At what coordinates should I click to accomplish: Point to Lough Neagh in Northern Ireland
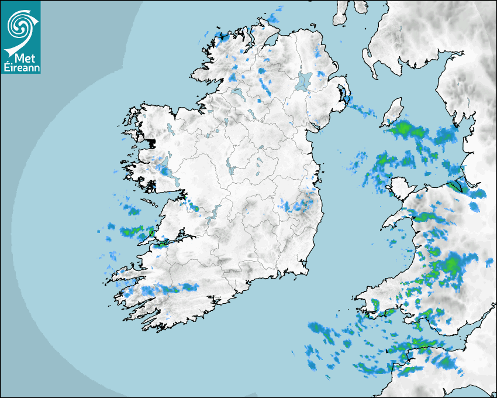point(304,81)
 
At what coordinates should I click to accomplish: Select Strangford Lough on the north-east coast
point(344,97)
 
